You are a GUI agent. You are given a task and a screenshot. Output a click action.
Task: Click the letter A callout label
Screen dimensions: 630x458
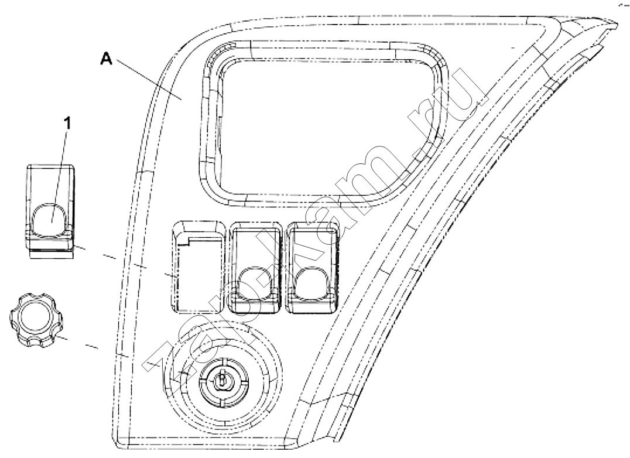107,60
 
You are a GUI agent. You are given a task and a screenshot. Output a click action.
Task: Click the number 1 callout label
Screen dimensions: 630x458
68,124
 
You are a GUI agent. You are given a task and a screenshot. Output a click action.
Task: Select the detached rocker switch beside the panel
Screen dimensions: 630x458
50,211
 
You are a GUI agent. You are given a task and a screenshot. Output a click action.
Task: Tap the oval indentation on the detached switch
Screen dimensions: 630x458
50,220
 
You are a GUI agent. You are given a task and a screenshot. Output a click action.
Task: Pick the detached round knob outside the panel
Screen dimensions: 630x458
35,320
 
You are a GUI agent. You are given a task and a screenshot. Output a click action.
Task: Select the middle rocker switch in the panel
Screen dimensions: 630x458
255,266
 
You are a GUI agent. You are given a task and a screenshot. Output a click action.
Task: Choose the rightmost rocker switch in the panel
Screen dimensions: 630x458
313,266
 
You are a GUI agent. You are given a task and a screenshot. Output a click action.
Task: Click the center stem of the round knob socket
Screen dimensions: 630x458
222,380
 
